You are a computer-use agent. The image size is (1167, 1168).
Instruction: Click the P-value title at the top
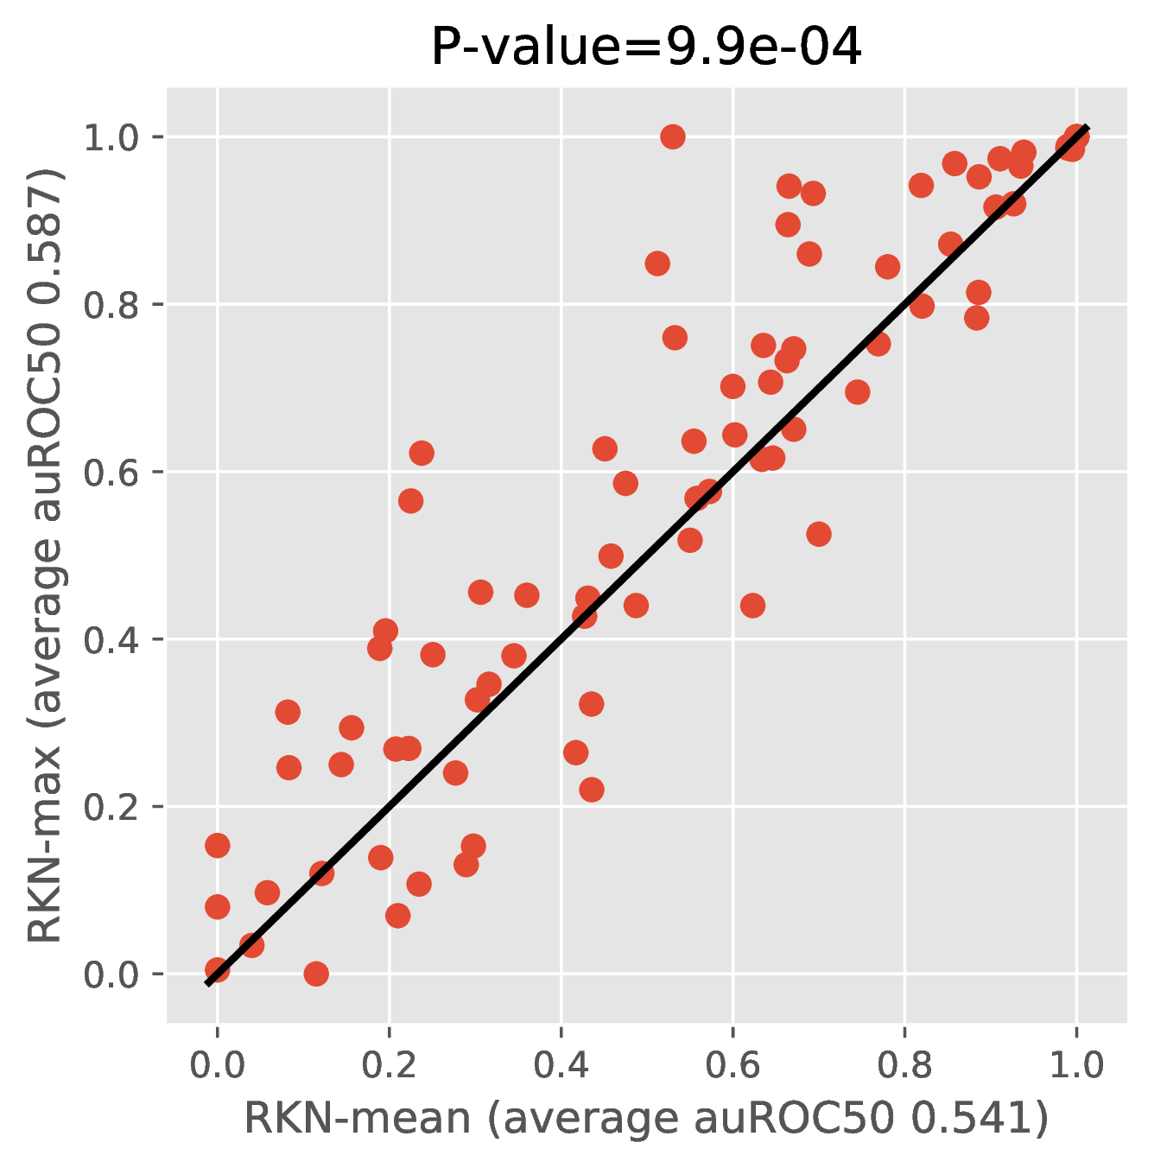[x=646, y=48]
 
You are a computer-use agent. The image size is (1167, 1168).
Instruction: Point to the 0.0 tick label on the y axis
[x=111, y=974]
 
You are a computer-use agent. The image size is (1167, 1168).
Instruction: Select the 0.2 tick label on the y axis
[x=111, y=808]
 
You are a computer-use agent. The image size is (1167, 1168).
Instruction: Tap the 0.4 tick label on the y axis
[x=111, y=640]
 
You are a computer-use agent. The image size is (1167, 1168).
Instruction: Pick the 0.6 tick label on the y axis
[x=111, y=473]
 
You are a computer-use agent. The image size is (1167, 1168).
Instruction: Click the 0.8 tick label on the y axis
[x=111, y=305]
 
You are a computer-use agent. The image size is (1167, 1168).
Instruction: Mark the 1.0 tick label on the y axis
[x=111, y=137]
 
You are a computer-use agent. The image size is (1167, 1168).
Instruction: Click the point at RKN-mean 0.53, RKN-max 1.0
[x=672, y=136]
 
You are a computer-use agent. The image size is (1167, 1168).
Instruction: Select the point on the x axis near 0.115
[x=316, y=974]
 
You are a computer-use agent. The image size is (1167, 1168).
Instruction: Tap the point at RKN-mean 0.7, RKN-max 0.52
[x=818, y=534]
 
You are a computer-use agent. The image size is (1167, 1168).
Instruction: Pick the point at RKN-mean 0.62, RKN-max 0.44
[x=752, y=605]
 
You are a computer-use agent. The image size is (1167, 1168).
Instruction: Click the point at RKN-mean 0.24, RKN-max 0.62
[x=422, y=453]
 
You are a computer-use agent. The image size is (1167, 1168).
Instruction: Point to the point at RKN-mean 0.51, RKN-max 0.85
[x=657, y=263]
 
